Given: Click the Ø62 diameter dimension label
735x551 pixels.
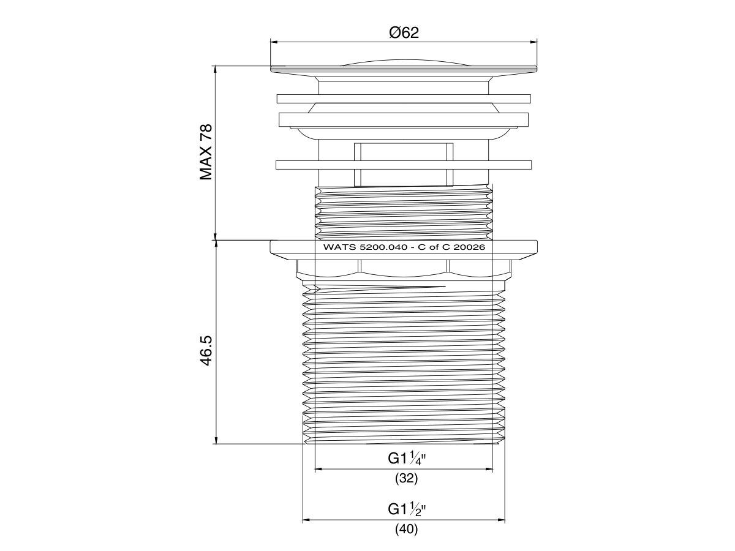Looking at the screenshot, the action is click(x=404, y=33).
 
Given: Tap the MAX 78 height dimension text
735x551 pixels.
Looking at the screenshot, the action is click(x=206, y=152).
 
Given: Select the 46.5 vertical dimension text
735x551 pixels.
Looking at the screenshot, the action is click(x=206, y=350).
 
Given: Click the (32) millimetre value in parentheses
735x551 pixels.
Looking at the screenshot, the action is click(x=406, y=479).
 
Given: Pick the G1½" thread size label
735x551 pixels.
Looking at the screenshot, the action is click(x=407, y=509).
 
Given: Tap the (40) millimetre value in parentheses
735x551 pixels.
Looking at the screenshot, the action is click(x=406, y=529).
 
